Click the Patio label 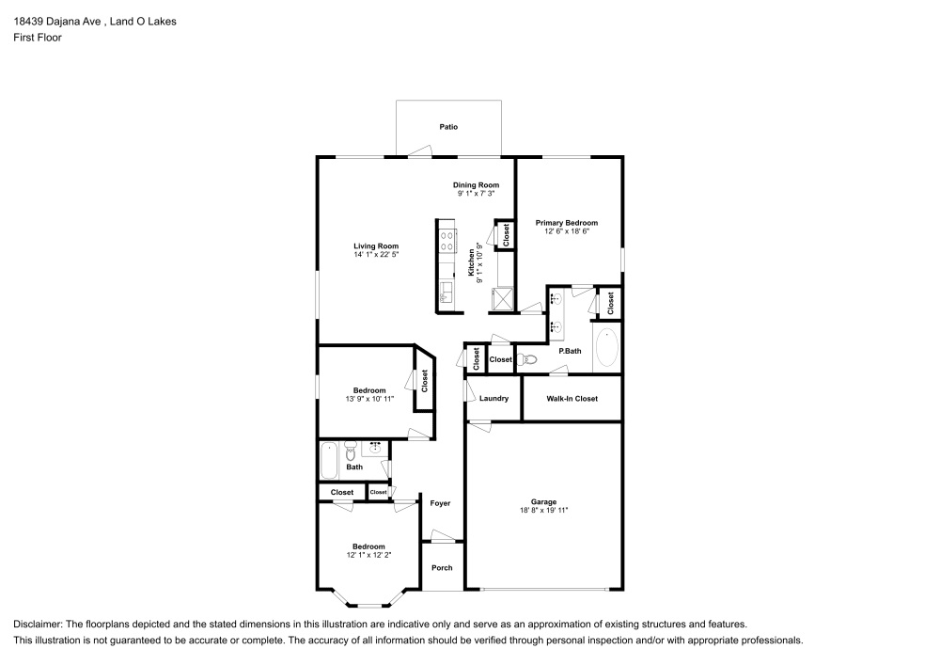pyautogui.click(x=449, y=127)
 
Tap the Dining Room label pyautogui.click(x=477, y=185)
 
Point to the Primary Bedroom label pyautogui.click(x=567, y=223)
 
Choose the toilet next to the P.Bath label pyautogui.click(x=529, y=359)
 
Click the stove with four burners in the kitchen pyautogui.click(x=446, y=240)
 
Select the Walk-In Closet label pyautogui.click(x=572, y=399)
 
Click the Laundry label pyautogui.click(x=493, y=399)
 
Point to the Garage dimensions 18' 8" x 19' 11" pyautogui.click(x=544, y=510)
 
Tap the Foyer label pyautogui.click(x=440, y=503)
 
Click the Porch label pyautogui.click(x=442, y=567)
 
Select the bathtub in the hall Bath pyautogui.click(x=329, y=460)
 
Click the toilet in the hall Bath pyautogui.click(x=351, y=447)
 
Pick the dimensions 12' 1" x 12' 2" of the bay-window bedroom pyautogui.click(x=368, y=555)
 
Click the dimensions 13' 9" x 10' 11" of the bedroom pyautogui.click(x=368, y=399)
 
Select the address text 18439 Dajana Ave pyautogui.click(x=53, y=21)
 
